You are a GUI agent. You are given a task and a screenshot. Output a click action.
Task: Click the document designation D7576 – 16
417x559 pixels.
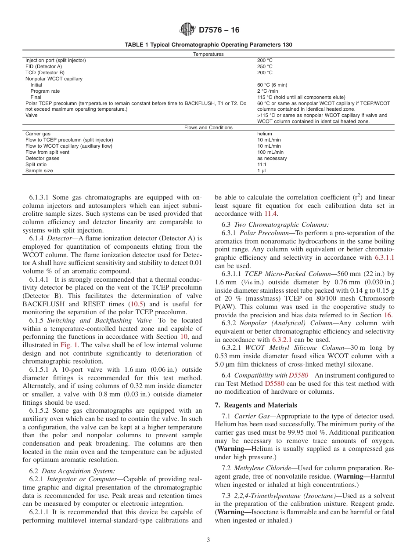(219, 30)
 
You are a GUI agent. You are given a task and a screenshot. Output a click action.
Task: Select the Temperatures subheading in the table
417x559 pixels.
(208, 54)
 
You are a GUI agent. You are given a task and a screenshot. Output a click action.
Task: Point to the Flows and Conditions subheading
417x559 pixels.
(208, 127)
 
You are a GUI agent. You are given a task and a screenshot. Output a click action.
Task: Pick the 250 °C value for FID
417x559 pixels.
(265, 66)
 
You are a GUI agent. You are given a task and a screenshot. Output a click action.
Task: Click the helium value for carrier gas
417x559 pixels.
(265, 134)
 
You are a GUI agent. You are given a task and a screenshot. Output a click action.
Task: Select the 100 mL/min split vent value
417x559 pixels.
(270, 152)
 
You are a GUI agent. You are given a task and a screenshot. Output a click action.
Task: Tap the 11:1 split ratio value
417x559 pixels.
(262, 164)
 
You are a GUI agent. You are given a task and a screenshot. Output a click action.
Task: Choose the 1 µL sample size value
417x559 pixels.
(262, 171)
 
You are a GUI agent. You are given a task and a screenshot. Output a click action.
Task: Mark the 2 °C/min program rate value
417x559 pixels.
(268, 91)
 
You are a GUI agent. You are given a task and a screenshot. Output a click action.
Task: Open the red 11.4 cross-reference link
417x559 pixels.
(270, 214)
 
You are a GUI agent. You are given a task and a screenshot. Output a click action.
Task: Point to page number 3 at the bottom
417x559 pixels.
(208, 540)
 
